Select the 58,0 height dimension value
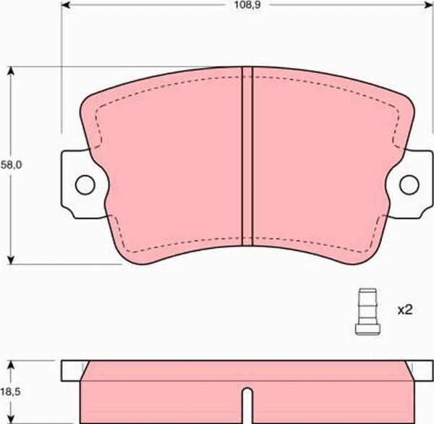12,165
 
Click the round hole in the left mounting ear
85,185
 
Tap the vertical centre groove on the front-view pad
247,156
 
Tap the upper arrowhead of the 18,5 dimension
12,364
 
